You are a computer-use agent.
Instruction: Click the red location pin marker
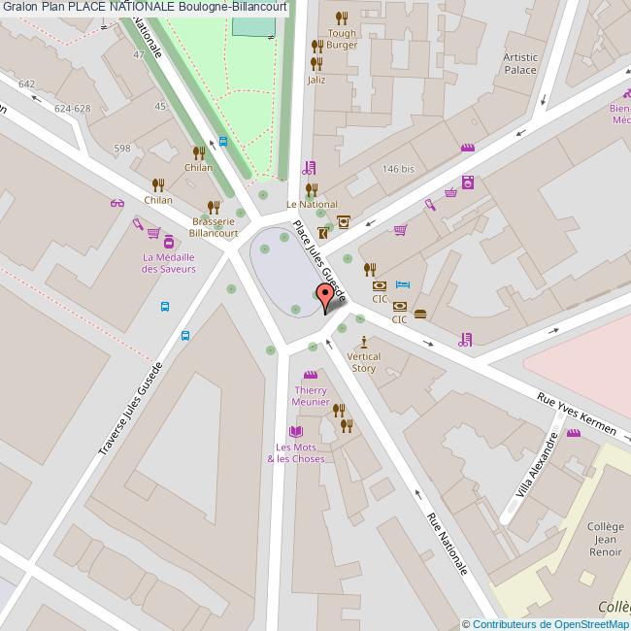tap(324, 297)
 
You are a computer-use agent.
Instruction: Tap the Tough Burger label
tap(342, 39)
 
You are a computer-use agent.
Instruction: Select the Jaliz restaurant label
tap(315, 80)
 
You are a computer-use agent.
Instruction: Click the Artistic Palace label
tap(520, 63)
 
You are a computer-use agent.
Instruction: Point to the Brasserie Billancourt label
tap(214, 227)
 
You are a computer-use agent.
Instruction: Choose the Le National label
tap(312, 205)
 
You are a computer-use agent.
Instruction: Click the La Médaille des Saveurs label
tap(169, 262)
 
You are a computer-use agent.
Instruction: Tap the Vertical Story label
tap(364, 362)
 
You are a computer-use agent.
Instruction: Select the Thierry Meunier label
tap(311, 395)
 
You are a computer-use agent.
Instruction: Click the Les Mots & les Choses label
tap(296, 452)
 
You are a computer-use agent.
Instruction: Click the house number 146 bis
tap(398, 169)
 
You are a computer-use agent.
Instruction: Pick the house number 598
tap(121, 149)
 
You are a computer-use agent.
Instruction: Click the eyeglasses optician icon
tap(117, 203)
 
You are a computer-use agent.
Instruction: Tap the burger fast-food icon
tap(420, 314)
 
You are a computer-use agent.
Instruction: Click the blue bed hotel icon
tap(403, 285)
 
